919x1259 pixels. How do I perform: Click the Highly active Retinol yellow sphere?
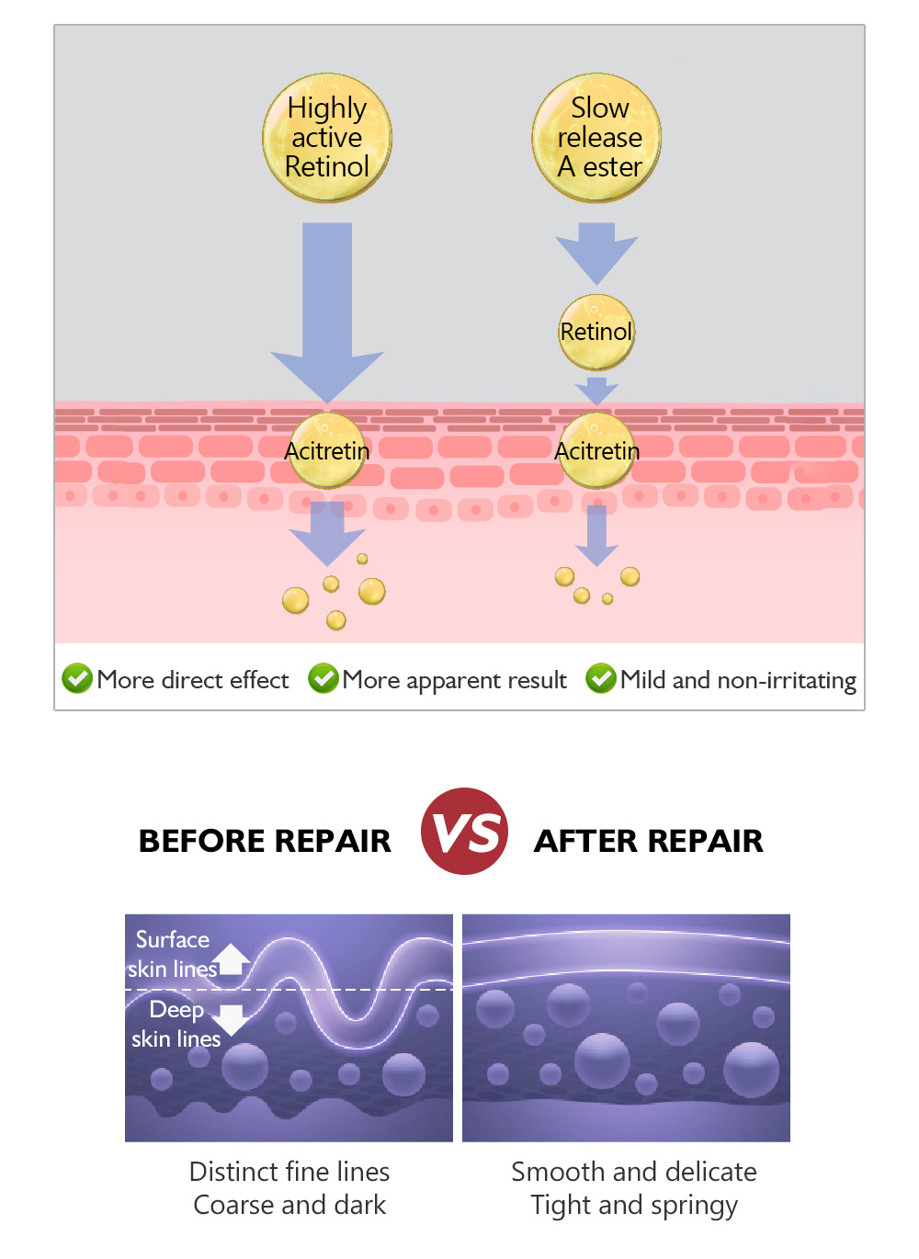coord(327,138)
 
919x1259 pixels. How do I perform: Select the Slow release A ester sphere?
coord(597,138)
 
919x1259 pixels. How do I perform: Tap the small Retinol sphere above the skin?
coord(596,332)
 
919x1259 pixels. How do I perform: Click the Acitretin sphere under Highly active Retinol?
coord(327,450)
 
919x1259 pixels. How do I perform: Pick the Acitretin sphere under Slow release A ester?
coord(596,450)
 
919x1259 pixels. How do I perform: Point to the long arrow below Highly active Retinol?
coord(327,312)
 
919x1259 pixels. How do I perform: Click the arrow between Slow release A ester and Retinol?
coord(596,251)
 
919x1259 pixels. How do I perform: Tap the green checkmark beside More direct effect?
coord(77,679)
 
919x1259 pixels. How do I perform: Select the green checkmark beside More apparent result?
coord(323,679)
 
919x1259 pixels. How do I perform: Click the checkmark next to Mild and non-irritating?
coord(601,679)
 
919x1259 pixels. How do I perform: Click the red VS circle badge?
coord(465,831)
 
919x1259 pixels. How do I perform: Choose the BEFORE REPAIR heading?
coord(265,841)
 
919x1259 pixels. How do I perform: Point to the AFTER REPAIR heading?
coord(649,841)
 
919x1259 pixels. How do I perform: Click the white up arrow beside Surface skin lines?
coord(233,959)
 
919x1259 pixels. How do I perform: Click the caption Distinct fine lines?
coord(289,1172)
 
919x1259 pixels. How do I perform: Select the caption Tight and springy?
coord(634,1205)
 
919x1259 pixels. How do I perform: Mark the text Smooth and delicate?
coord(634,1172)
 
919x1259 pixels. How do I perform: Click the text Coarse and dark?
coord(289,1205)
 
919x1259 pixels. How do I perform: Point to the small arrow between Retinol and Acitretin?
coord(596,390)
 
